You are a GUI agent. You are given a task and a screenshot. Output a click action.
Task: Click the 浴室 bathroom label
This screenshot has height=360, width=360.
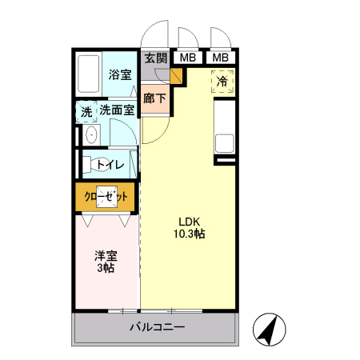pyautogui.click(x=119, y=74)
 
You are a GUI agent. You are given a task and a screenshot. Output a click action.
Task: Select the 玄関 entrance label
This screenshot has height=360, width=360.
pyautogui.click(x=156, y=58)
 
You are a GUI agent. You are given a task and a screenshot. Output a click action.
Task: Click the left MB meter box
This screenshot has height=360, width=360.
pyautogui.click(x=188, y=58)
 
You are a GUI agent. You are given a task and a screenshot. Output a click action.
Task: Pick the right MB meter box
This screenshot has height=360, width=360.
pyautogui.click(x=220, y=58)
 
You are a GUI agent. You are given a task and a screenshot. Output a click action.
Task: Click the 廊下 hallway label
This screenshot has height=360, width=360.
pyautogui.click(x=155, y=99)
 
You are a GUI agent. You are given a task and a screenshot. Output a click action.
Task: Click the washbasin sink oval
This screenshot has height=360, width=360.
pyautogui.click(x=90, y=134)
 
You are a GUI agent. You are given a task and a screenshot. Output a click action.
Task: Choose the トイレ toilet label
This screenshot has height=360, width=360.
pyautogui.click(x=110, y=165)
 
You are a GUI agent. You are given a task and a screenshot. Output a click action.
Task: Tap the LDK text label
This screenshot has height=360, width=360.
pyautogui.click(x=188, y=222)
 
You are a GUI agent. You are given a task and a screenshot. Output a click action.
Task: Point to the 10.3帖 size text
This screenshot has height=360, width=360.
pyautogui.click(x=189, y=234)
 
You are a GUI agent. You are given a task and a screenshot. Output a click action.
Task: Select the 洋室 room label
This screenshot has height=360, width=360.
pyautogui.click(x=106, y=256)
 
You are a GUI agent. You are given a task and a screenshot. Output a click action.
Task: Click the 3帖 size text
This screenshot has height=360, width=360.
pyautogui.click(x=106, y=269)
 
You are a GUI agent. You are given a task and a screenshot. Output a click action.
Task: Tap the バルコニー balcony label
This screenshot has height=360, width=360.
pyautogui.click(x=157, y=327)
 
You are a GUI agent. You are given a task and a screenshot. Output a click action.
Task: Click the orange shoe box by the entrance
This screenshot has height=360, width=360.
pyautogui.click(x=177, y=77)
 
